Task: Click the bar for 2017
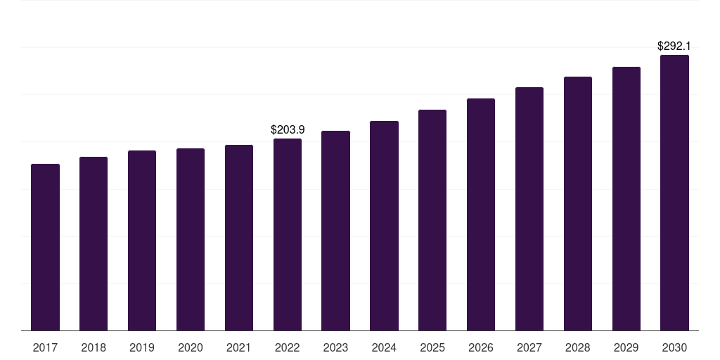click(x=45, y=247)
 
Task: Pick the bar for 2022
click(x=288, y=234)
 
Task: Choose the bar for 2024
click(x=384, y=226)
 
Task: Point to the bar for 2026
click(x=481, y=214)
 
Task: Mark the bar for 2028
click(x=578, y=203)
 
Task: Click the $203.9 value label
click(x=288, y=129)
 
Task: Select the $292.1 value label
click(x=674, y=46)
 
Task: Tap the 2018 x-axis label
click(x=94, y=347)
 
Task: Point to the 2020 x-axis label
click(x=191, y=347)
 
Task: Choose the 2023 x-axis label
click(x=335, y=347)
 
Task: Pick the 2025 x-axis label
click(x=432, y=347)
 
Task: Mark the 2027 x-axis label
click(x=529, y=347)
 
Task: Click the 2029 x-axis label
click(x=626, y=347)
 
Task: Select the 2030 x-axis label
click(x=674, y=347)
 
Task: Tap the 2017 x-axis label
click(x=45, y=347)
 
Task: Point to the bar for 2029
click(x=626, y=198)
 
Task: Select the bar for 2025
click(x=432, y=220)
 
